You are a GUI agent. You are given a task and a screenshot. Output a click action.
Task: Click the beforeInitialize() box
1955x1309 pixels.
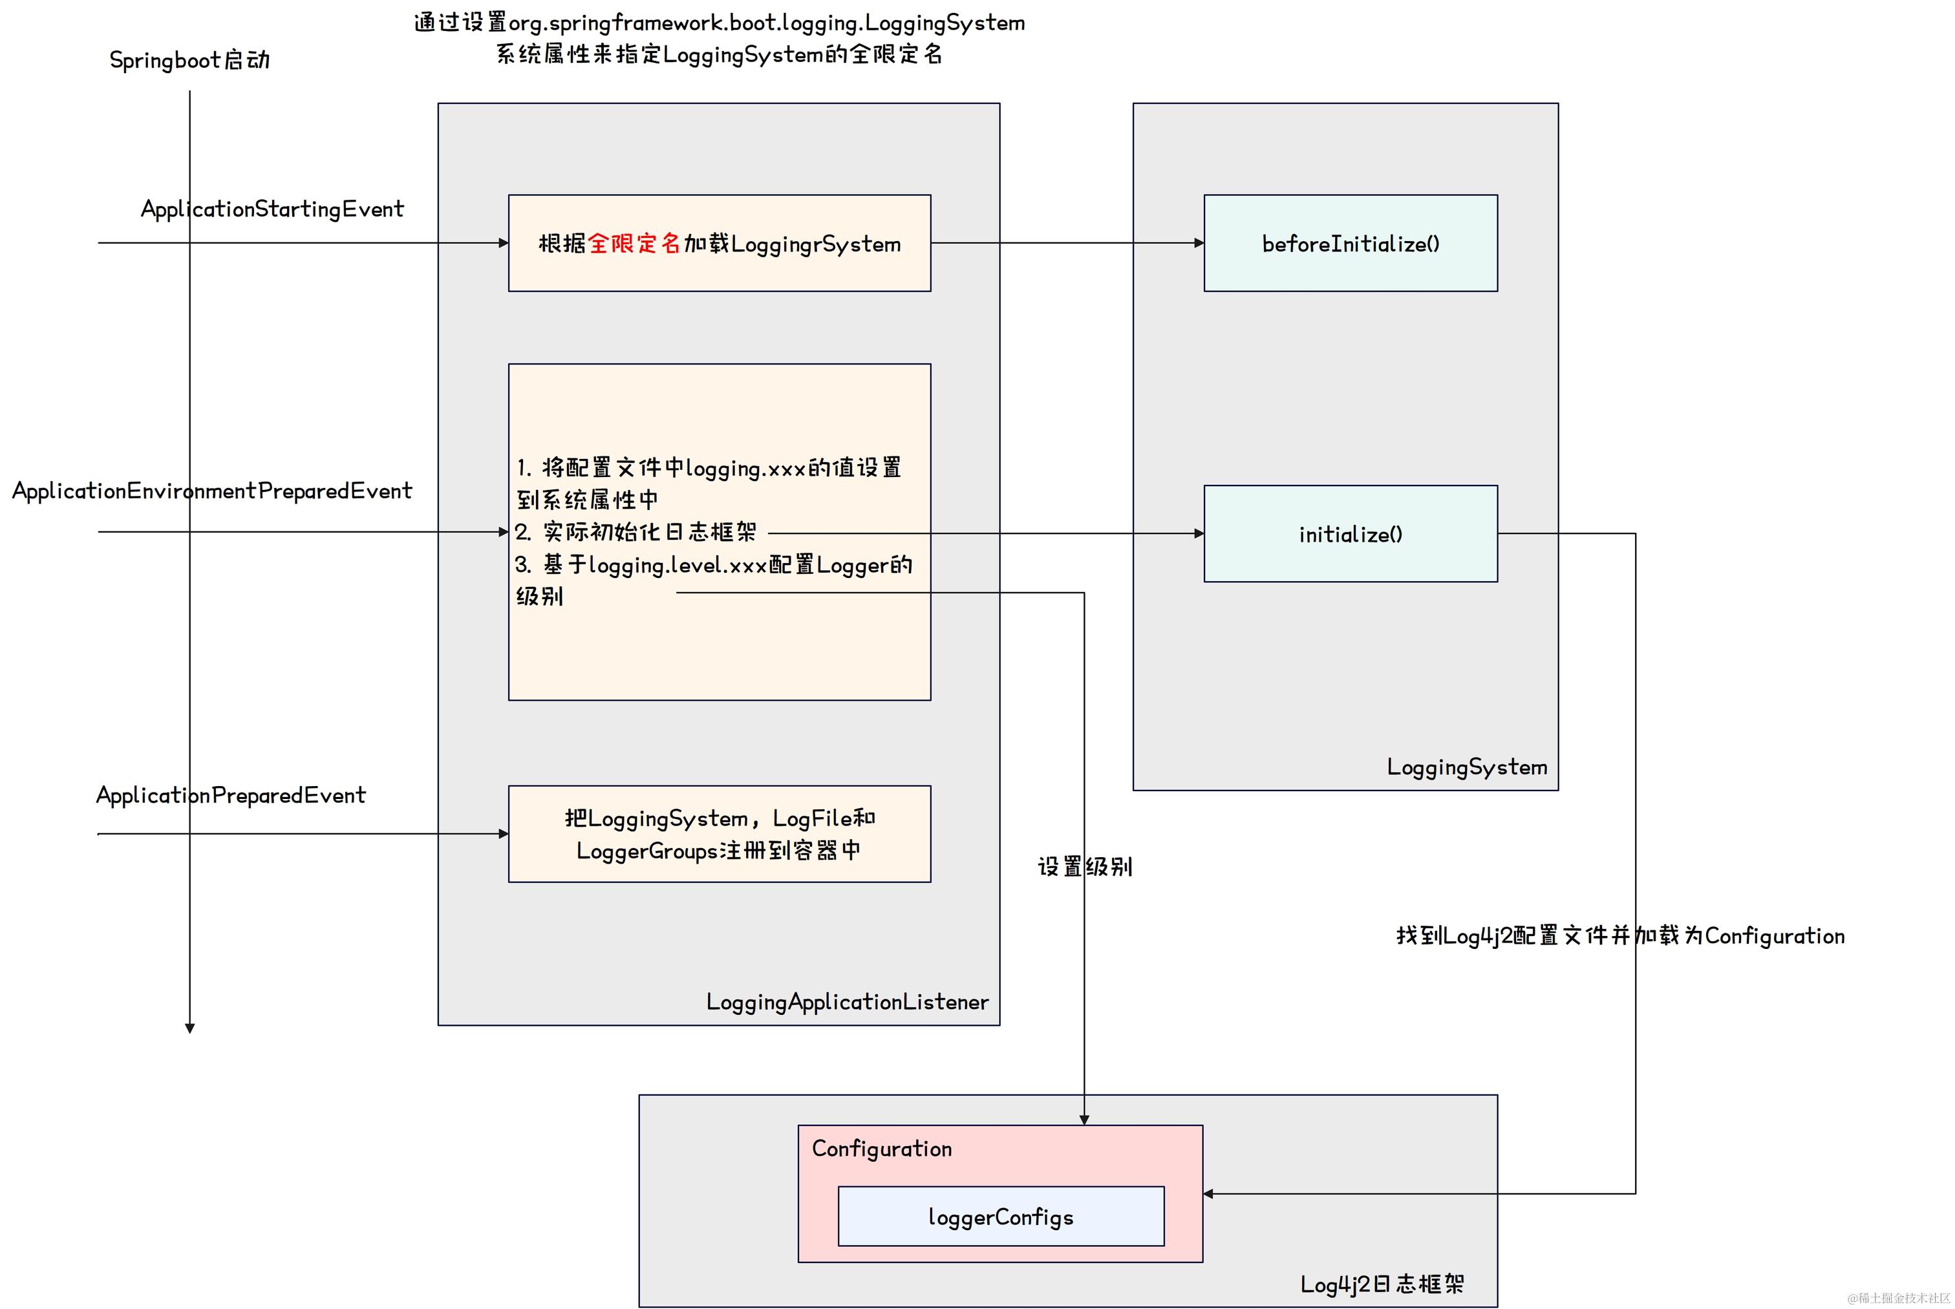[1350, 243]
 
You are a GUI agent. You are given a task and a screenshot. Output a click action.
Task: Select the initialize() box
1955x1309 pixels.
[1350, 533]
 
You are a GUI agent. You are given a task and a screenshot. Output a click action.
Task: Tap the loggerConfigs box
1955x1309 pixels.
[1000, 1217]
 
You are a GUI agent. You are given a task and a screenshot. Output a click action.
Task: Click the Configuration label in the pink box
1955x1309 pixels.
[882, 1149]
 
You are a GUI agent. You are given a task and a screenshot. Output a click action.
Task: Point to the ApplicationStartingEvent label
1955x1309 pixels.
[272, 209]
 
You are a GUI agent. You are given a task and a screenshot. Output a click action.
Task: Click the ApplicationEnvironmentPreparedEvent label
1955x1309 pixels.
[212, 491]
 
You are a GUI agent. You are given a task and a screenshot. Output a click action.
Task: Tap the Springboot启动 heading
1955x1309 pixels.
[189, 60]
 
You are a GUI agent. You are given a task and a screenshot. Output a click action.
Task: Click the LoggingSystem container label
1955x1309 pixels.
[1467, 767]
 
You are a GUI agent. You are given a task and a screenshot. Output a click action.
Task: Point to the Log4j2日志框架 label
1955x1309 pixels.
[1382, 1284]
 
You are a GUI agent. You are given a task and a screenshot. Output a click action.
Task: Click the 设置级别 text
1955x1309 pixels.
[1084, 867]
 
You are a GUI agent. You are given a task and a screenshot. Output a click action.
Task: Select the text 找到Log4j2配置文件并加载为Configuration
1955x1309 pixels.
[1619, 936]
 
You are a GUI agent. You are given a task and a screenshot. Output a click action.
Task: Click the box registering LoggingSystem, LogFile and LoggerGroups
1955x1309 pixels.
[719, 834]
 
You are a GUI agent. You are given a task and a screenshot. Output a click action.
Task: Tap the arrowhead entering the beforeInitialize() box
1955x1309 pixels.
[1199, 243]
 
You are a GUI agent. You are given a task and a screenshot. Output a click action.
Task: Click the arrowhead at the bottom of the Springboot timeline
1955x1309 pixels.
[189, 1028]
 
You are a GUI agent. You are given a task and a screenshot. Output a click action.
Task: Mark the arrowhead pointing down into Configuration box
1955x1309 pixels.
[1084, 1120]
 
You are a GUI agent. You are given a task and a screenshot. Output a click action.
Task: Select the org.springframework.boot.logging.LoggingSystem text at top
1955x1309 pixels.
[766, 23]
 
